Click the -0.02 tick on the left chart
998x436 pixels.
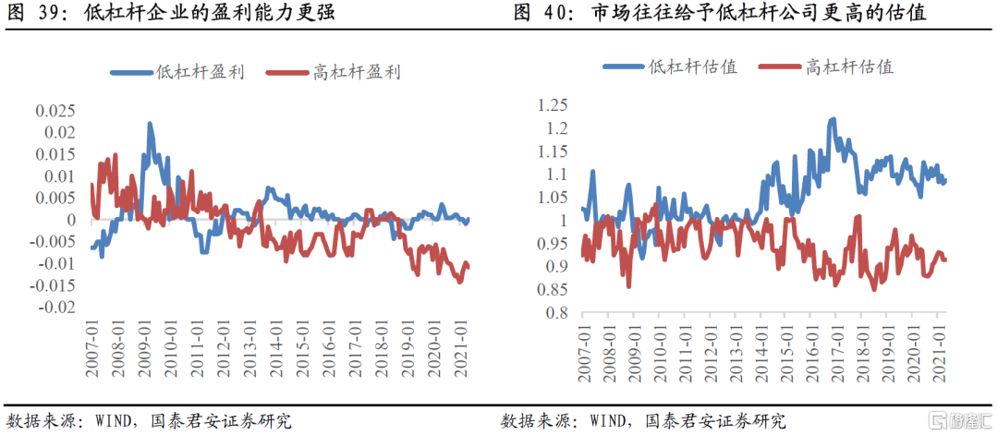pyautogui.click(x=56, y=308)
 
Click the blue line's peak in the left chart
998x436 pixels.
pyautogui.click(x=150, y=124)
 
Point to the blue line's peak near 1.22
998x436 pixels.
pyautogui.click(x=833, y=119)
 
